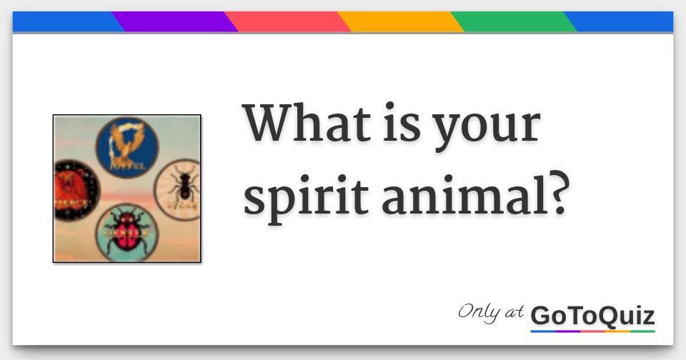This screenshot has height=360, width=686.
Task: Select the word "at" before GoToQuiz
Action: [514, 312]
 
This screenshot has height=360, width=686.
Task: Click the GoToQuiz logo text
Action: [592, 314]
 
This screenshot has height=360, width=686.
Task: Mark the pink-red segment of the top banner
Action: [287, 21]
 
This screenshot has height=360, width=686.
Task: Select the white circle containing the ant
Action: [178, 186]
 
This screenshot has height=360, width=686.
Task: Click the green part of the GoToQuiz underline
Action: [642, 331]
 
